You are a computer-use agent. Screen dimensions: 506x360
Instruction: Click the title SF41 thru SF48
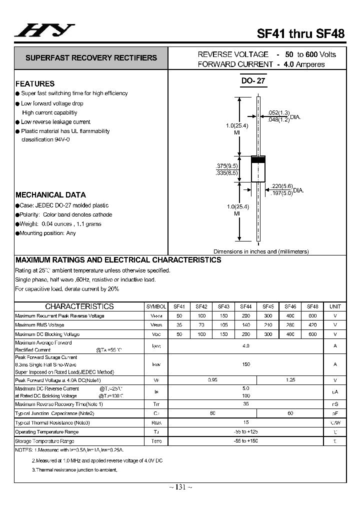(300, 34)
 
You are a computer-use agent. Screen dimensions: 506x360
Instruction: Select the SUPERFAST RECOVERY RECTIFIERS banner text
(91, 58)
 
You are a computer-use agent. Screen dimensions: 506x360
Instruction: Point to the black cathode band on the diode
(257, 160)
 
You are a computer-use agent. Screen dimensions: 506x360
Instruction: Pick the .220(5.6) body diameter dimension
(280, 186)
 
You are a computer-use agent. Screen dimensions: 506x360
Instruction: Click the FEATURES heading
(35, 83)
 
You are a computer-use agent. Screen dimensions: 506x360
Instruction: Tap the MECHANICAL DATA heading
(50, 195)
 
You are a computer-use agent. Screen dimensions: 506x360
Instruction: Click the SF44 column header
(246, 306)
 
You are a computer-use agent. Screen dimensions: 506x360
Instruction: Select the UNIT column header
(335, 306)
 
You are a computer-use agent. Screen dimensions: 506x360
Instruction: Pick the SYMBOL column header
(156, 306)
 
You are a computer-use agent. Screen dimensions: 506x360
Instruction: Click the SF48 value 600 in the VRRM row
(312, 316)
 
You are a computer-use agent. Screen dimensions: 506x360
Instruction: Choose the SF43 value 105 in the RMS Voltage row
(223, 325)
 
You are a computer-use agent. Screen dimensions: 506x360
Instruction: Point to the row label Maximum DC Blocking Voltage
(47, 334)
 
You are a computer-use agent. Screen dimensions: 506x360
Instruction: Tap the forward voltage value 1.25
(290, 380)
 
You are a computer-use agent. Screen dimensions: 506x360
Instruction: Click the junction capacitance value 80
(212, 413)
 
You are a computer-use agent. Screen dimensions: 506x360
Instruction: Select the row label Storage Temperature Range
(45, 441)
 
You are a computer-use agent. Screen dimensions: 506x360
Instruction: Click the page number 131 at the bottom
(180, 487)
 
